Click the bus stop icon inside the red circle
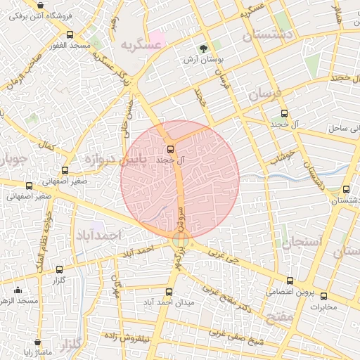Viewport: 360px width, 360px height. tap(170, 149)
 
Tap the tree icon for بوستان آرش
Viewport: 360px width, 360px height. tap(203, 49)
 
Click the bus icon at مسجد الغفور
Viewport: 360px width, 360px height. tap(69, 34)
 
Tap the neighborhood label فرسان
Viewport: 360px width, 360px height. tap(264, 94)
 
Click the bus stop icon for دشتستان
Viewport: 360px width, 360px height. tap(346, 188)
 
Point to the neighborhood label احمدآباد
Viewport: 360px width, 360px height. tap(98, 234)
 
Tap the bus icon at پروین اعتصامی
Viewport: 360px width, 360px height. tap(290, 281)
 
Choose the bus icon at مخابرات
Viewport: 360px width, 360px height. tap(324, 296)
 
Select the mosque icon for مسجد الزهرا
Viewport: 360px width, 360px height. tap(18, 290)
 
